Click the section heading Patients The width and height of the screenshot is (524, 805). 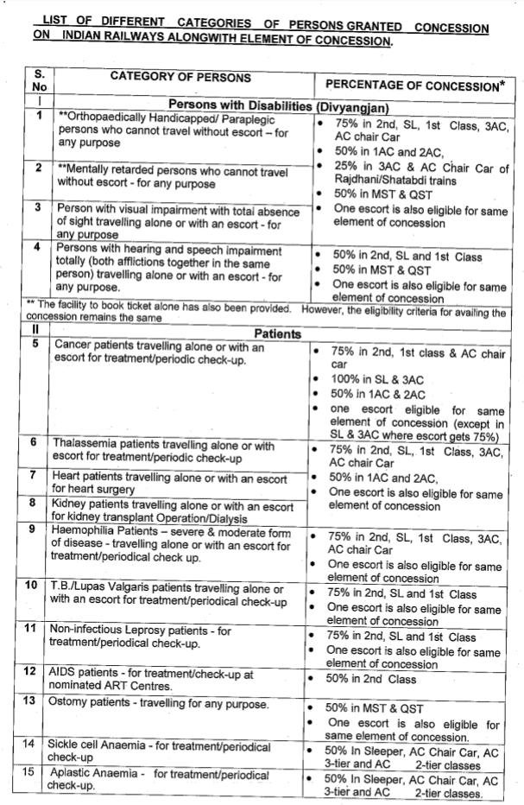[x=277, y=333]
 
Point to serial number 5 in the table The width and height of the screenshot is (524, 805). [x=35, y=345]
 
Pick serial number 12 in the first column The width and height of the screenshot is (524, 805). [x=31, y=670]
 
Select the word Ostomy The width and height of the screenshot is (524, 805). [x=73, y=703]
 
